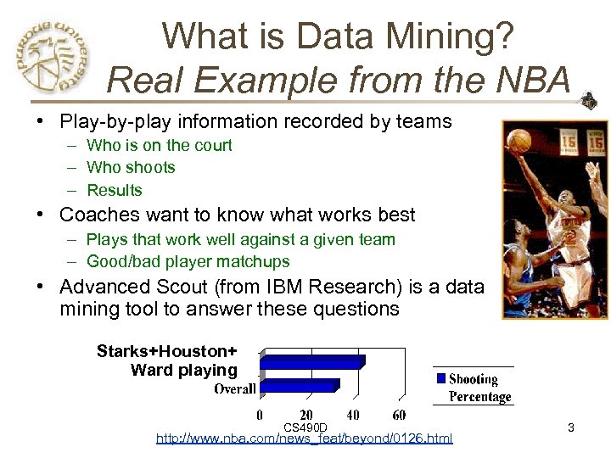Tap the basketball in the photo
tap(520, 141)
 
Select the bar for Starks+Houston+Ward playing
tap(312, 362)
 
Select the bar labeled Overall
tap(300, 387)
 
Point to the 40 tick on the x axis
tap(352, 416)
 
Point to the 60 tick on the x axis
tap(399, 416)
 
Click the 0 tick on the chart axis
tap(260, 416)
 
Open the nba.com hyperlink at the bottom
tap(305, 438)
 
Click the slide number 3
tap(571, 428)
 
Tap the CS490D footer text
tap(305, 427)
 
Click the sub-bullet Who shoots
tap(131, 168)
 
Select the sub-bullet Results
tap(115, 191)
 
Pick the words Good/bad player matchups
tap(188, 262)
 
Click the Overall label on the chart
tap(234, 389)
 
